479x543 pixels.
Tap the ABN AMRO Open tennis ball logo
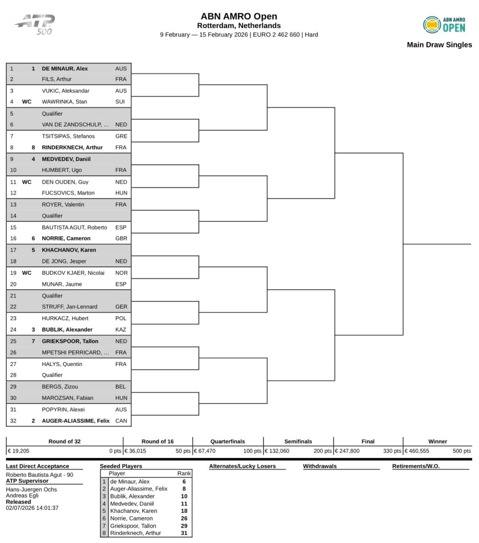coord(432,25)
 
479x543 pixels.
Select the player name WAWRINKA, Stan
coord(64,102)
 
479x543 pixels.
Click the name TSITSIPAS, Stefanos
coord(68,136)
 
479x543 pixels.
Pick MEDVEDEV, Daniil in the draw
coord(66,159)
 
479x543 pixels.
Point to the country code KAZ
coord(121,330)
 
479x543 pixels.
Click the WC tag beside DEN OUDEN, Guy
coord(27,182)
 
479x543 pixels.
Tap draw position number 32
coord(13,421)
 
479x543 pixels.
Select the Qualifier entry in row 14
coord(52,216)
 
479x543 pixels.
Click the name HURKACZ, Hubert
coord(65,318)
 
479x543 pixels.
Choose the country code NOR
coord(121,273)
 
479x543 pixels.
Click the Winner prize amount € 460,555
coord(418,451)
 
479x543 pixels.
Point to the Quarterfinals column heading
coord(228,441)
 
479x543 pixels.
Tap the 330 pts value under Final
coord(392,451)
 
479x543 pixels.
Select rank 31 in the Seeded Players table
coord(184,533)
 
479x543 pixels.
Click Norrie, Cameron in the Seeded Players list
coord(131,518)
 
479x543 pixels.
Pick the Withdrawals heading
coord(320,466)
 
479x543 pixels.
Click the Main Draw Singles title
coord(439,45)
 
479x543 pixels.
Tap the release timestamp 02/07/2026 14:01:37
coord(32,508)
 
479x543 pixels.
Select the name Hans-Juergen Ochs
coord(31,490)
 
